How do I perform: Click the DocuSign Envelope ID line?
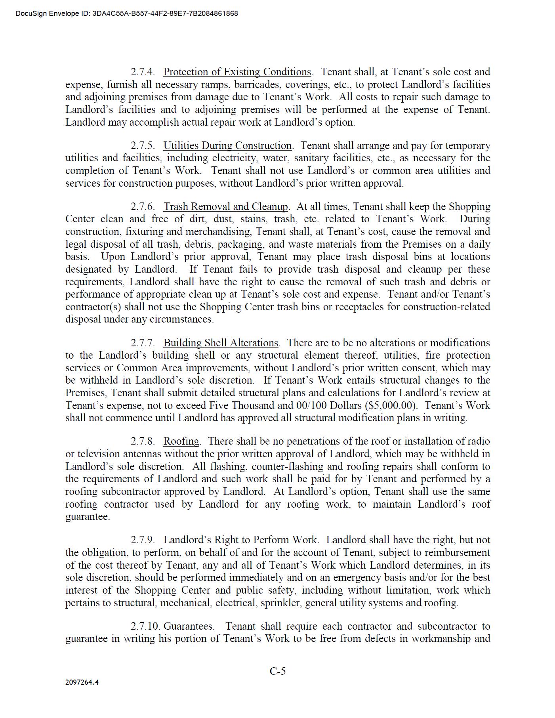[x=127, y=13]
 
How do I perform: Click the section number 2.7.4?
[x=143, y=72]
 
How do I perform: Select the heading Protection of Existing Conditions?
[x=237, y=72]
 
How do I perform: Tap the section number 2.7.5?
[x=143, y=146]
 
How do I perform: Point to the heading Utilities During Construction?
[x=227, y=146]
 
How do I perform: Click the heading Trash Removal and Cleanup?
[x=226, y=207]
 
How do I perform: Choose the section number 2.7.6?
[x=143, y=207]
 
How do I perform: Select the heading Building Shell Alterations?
[x=221, y=343]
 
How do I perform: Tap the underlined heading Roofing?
[x=181, y=441]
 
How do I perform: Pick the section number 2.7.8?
[x=143, y=441]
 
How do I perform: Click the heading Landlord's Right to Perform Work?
[x=240, y=540]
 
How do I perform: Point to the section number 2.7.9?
[x=143, y=540]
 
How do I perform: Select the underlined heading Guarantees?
[x=188, y=626]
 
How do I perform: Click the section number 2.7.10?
[x=145, y=626]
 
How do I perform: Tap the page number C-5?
[x=278, y=671]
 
